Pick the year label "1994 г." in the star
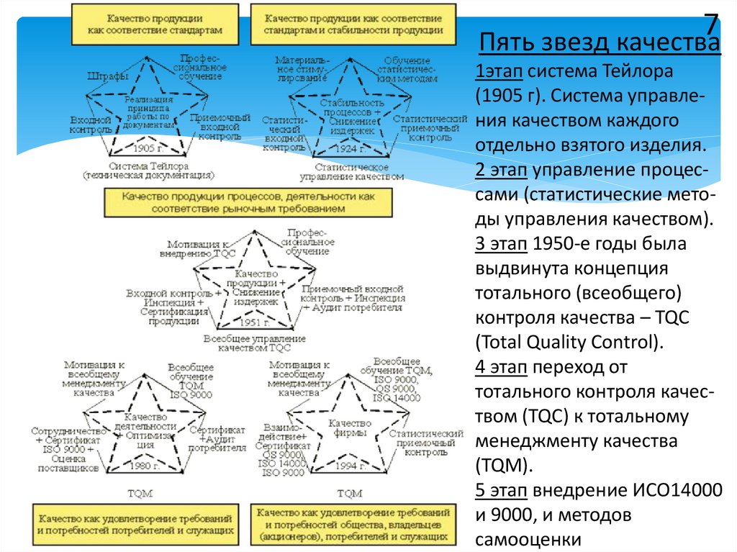(x=349, y=466)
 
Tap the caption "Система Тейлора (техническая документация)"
(x=148, y=170)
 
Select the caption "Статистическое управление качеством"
(x=352, y=171)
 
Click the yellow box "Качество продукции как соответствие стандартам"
(x=155, y=24)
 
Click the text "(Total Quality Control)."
(x=566, y=341)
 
